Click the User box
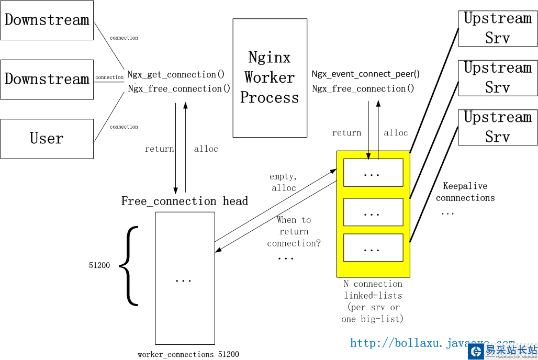[47, 139]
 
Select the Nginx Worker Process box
[270, 78]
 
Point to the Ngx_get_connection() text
[176, 75]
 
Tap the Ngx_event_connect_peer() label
[365, 74]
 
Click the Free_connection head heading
[185, 201]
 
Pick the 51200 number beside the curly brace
[99, 265]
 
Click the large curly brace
[130, 265]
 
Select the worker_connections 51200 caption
[188, 354]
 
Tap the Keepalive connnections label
[465, 192]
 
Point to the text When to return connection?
[294, 231]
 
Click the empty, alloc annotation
[284, 182]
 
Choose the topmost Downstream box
[47, 20]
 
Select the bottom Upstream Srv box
[497, 127]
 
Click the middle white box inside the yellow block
[373, 212]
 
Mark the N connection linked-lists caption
[373, 301]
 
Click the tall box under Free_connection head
[185, 278]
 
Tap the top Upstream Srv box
[497, 28]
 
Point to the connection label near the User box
[124, 127]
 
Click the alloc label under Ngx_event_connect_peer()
[396, 133]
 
